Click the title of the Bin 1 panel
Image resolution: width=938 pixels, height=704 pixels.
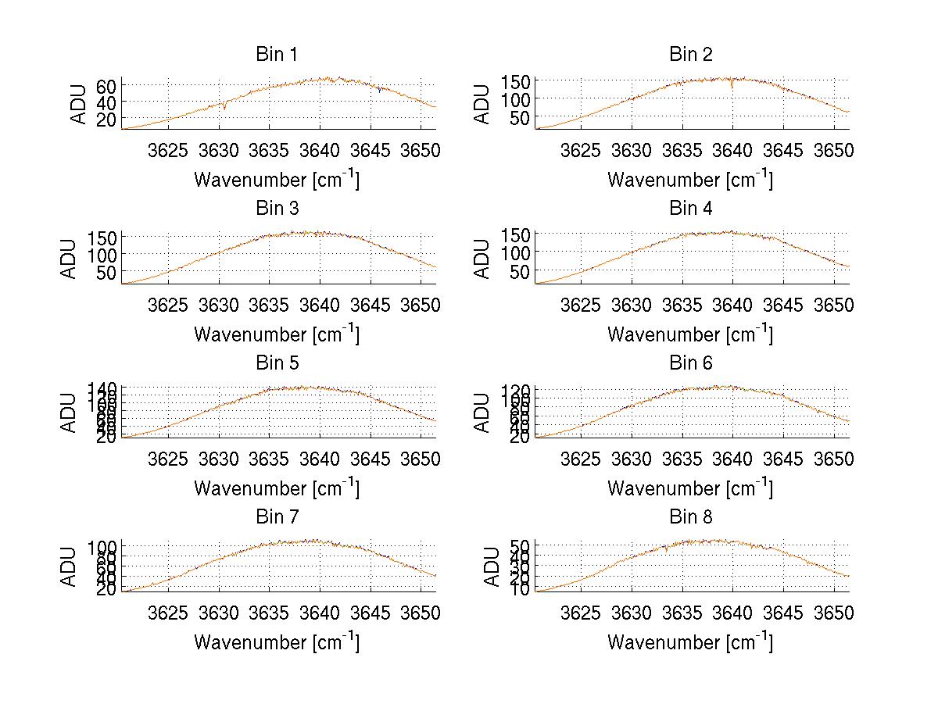click(x=277, y=55)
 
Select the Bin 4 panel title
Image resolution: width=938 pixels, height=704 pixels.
click(x=691, y=209)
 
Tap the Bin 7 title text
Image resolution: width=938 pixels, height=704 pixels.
click(x=277, y=517)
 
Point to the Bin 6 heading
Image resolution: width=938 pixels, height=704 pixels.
click(x=691, y=363)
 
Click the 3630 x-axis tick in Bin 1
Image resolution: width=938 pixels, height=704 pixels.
click(x=219, y=149)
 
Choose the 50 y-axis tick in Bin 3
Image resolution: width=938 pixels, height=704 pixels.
click(x=107, y=272)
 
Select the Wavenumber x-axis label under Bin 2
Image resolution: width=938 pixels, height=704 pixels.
click(x=690, y=180)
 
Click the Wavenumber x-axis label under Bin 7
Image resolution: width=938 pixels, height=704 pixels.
click(x=277, y=642)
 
